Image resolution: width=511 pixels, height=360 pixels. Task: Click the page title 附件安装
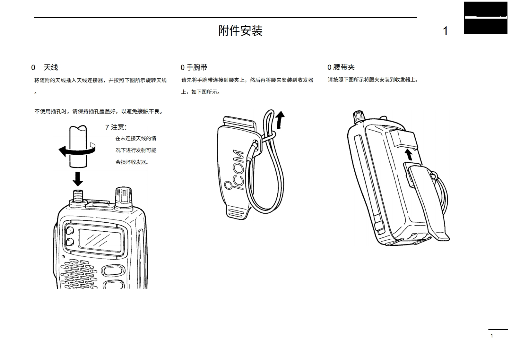[240, 31]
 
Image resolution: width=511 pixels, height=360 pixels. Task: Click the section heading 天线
[51, 67]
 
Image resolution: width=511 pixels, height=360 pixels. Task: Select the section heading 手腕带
[197, 67]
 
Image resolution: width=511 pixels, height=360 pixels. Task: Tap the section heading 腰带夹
[344, 67]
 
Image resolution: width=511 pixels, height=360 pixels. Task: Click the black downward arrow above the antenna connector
[78, 179]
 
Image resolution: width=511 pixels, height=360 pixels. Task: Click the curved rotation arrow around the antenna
[77, 150]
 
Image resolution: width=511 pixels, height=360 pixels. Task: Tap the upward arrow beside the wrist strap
[280, 119]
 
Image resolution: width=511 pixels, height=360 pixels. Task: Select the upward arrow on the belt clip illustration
[409, 154]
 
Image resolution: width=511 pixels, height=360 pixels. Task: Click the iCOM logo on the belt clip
[237, 170]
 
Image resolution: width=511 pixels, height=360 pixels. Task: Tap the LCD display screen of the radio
[100, 239]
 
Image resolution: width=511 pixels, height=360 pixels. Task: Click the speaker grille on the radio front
[79, 274]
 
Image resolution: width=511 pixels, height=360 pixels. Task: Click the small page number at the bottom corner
[491, 336]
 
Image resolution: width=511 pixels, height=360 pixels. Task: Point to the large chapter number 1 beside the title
[445, 31]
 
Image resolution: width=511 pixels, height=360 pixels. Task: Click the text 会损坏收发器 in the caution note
[132, 162]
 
